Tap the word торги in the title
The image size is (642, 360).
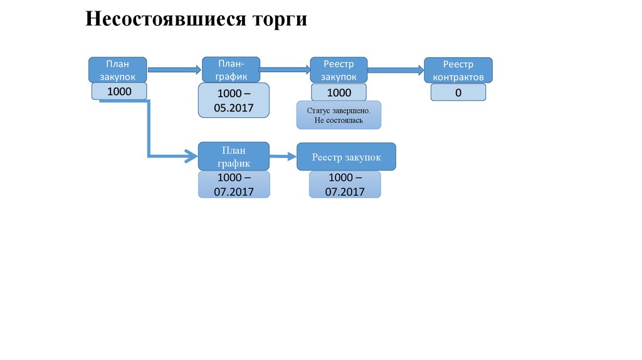click(x=279, y=19)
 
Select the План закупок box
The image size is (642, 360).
click(x=117, y=70)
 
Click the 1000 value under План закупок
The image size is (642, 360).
click(x=119, y=92)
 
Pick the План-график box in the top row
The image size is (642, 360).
click(x=231, y=70)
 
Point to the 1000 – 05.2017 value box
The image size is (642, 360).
click(x=234, y=100)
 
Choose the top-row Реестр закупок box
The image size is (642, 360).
click(x=339, y=70)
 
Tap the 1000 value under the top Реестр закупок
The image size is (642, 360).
click(x=339, y=93)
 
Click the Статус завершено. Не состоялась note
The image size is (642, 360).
click(x=339, y=115)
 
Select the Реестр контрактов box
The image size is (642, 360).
click(x=458, y=70)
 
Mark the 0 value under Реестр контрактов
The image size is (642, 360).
click(x=458, y=93)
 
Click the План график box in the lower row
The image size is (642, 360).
click(x=234, y=156)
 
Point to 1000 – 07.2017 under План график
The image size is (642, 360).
click(x=234, y=185)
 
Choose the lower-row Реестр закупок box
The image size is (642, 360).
click(x=346, y=157)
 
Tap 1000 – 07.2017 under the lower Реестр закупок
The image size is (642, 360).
click(x=345, y=185)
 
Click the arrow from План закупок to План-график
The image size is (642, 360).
click(x=174, y=70)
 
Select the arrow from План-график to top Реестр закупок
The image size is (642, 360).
click(x=285, y=70)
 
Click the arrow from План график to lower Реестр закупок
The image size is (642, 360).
click(x=283, y=157)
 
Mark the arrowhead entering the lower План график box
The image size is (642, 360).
click(x=191, y=156)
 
